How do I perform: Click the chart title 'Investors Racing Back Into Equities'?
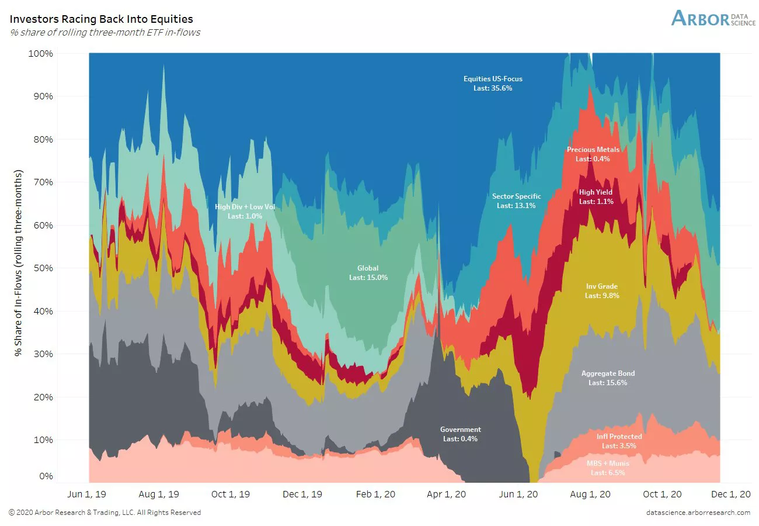(x=102, y=20)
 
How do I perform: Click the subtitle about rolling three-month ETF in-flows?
(x=105, y=32)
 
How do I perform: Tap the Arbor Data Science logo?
(x=713, y=18)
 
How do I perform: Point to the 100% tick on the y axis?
(x=41, y=53)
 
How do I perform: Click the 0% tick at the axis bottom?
(x=46, y=476)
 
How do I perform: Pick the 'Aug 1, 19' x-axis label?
(x=159, y=494)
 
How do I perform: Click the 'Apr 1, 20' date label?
(x=447, y=494)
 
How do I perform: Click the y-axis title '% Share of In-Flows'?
(x=19, y=264)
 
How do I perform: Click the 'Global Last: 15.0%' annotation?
(x=368, y=273)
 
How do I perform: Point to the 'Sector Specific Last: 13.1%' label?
(x=516, y=201)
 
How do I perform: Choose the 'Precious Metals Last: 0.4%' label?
(x=593, y=154)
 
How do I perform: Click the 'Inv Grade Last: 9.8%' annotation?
(x=601, y=291)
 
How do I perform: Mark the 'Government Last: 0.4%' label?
(x=460, y=434)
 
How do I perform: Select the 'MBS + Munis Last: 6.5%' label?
(x=608, y=468)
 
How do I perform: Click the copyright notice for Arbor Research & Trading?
(x=105, y=513)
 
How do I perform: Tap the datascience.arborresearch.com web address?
(x=698, y=513)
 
